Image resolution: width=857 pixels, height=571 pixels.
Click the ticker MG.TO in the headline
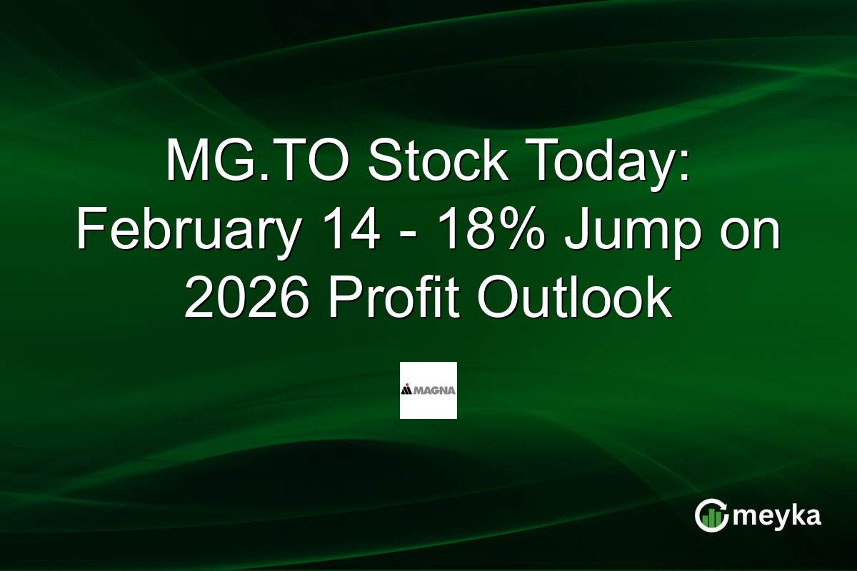click(256, 161)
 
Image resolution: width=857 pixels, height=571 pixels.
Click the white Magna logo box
click(428, 390)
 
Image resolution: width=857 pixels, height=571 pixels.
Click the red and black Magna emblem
click(407, 390)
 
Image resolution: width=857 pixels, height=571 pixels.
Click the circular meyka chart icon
click(711, 515)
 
